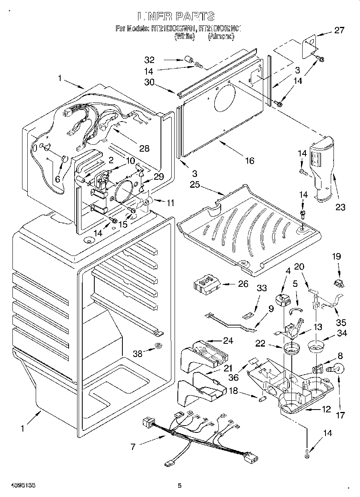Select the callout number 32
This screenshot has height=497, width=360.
[x=149, y=60]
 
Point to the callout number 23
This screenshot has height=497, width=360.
[x=340, y=207]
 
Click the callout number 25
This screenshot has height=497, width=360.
[x=195, y=185]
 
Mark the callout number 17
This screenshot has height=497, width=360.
[x=340, y=415]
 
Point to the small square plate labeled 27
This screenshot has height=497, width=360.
[x=309, y=45]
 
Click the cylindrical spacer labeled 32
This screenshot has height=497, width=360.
[x=188, y=61]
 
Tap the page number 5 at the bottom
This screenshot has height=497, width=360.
[x=180, y=485]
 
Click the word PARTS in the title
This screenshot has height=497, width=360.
[x=194, y=16]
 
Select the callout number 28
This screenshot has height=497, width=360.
[x=144, y=148]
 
